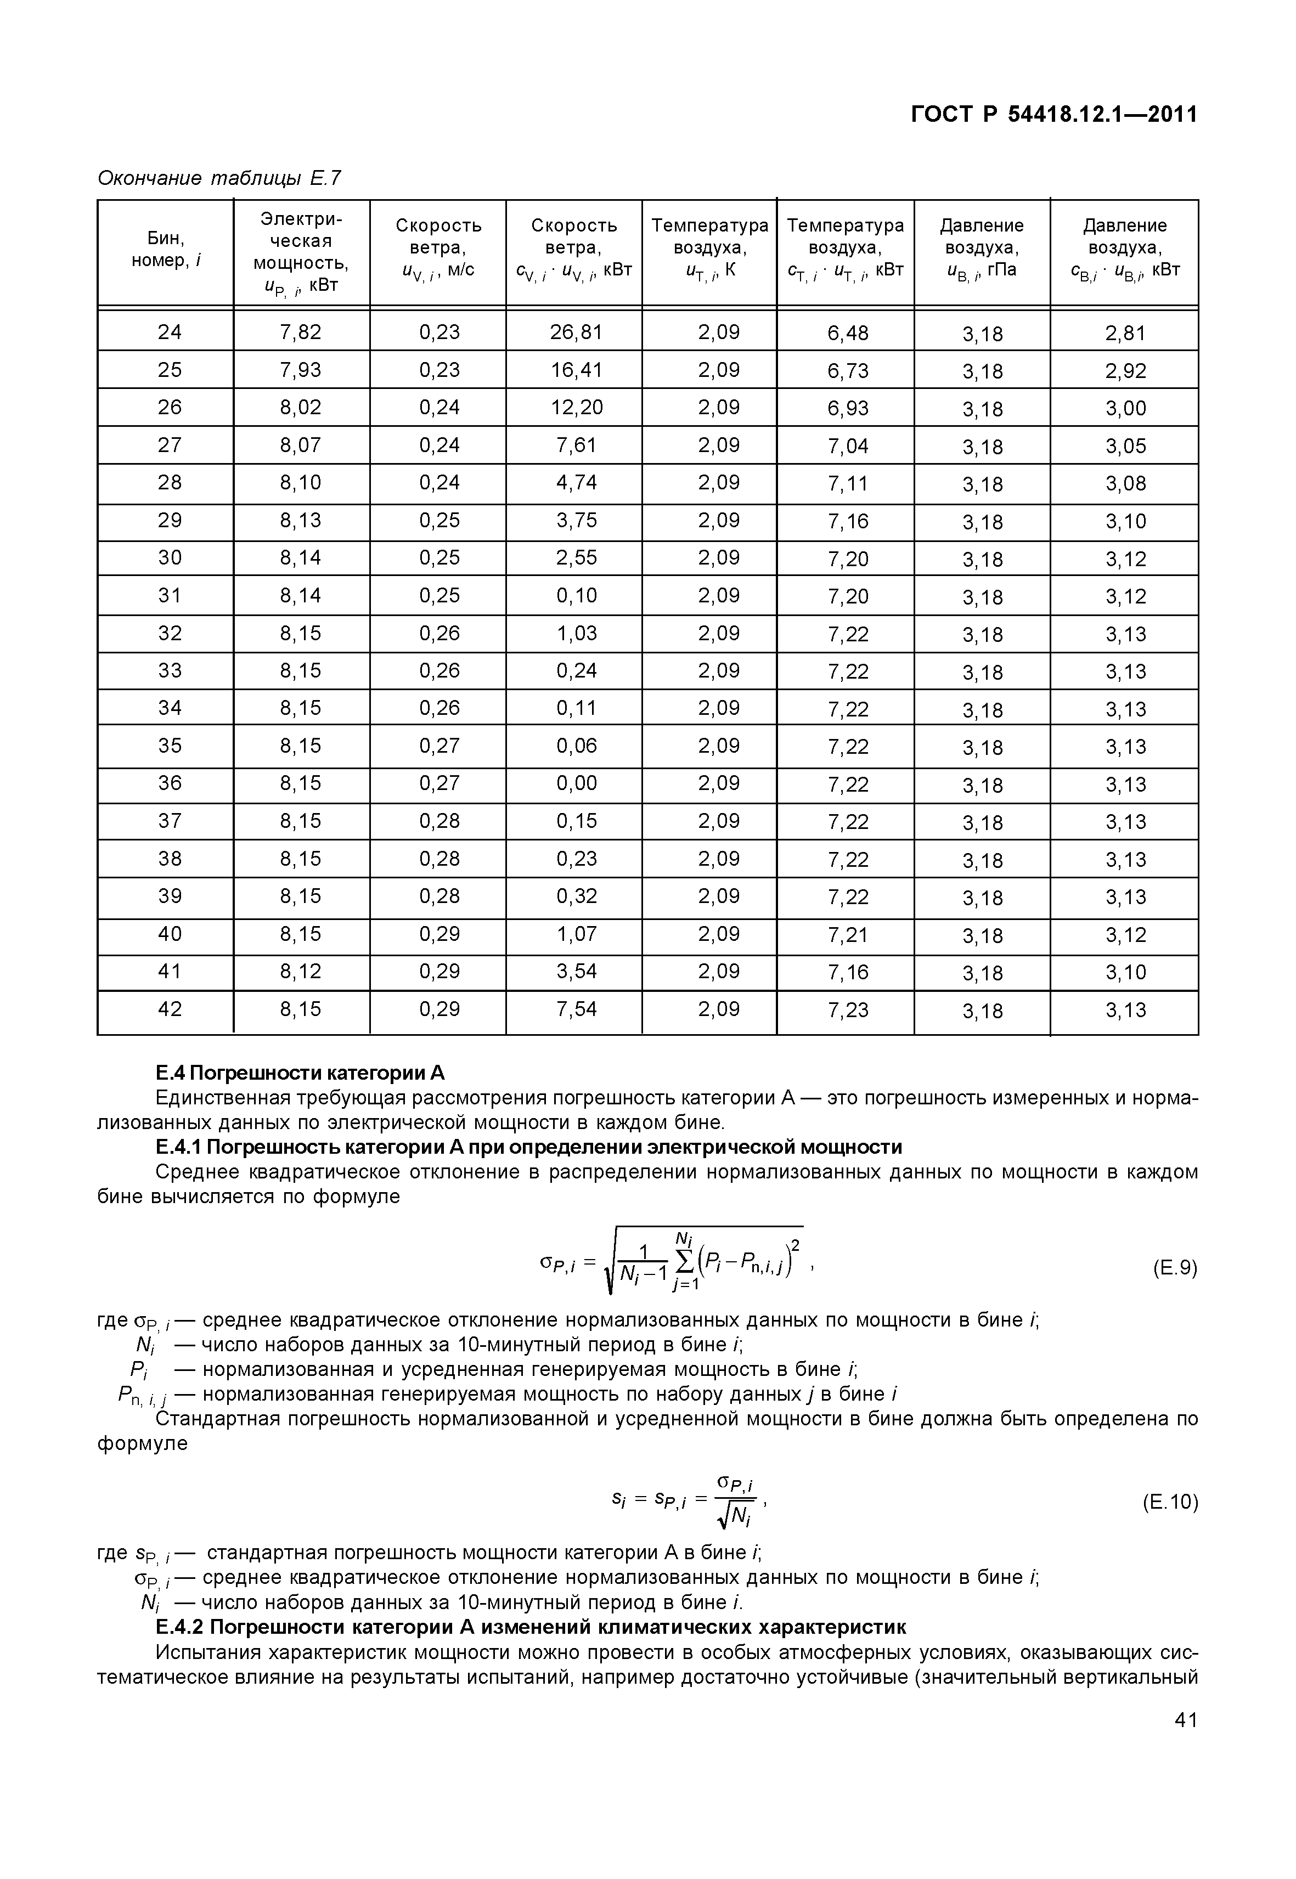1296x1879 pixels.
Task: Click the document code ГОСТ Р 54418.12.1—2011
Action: pos(1053,115)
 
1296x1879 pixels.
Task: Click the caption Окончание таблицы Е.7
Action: pos(219,177)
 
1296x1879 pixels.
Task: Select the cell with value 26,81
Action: pos(576,332)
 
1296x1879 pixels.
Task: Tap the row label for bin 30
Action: pos(170,558)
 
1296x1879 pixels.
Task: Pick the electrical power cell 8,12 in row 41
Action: pos(301,971)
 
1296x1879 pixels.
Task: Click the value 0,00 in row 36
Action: pos(576,783)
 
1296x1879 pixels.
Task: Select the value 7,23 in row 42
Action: pos(848,1009)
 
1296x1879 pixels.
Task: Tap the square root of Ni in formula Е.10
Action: pos(737,1514)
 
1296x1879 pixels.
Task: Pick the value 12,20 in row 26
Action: pos(576,408)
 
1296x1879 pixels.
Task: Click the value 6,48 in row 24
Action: pos(848,333)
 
